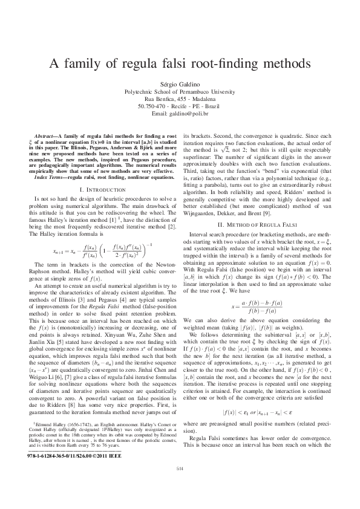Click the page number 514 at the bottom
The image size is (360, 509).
click(179, 484)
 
